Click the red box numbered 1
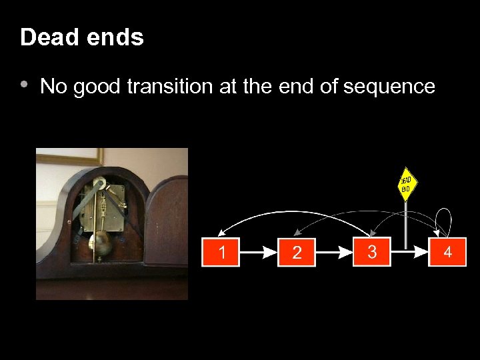(220, 252)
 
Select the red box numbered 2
(297, 253)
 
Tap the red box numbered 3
(372, 251)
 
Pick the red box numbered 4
(447, 252)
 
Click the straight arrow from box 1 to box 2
(258, 253)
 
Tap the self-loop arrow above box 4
(443, 217)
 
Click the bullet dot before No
(24, 85)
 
